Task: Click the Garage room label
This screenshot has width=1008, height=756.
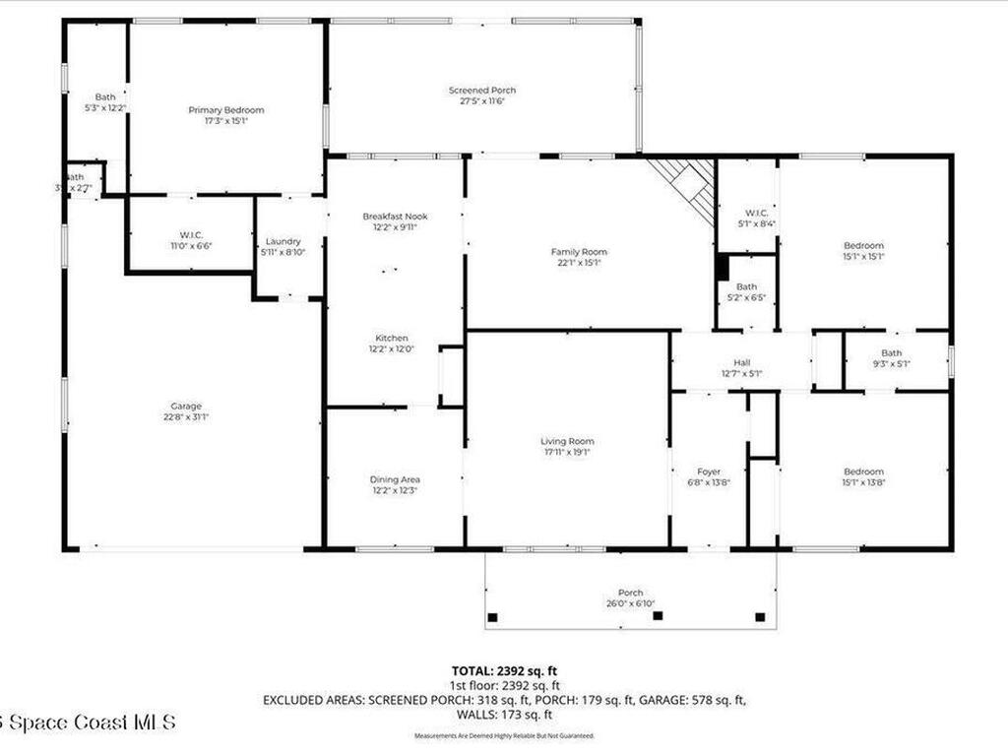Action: [185, 406]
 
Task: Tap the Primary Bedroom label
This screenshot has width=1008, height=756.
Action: [226, 110]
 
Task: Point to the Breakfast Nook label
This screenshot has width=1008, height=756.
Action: [395, 216]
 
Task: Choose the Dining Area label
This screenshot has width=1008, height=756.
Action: [395, 479]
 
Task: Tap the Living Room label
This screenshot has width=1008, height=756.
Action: [567, 441]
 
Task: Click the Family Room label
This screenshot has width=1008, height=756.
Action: [579, 252]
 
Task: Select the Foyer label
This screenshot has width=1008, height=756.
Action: [709, 472]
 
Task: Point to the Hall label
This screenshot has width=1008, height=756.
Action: [741, 362]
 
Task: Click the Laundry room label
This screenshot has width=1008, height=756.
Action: [283, 241]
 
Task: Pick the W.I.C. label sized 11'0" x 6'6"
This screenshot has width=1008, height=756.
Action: [190, 234]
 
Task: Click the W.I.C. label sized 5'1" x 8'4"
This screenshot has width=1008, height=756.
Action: [756, 213]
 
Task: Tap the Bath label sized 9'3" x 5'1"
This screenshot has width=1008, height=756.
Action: [891, 353]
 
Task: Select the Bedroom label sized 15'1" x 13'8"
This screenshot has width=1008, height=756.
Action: [862, 472]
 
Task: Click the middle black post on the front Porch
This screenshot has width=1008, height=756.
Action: [659, 616]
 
